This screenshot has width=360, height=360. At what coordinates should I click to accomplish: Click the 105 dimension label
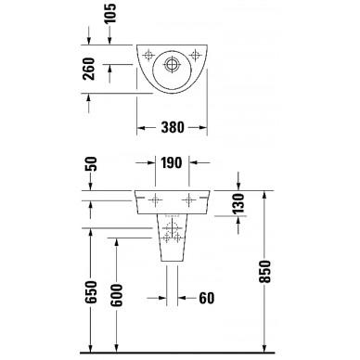pos(109,13)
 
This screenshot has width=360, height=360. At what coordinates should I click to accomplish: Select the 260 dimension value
pos(89,69)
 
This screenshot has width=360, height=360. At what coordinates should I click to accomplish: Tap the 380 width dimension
pos(173,127)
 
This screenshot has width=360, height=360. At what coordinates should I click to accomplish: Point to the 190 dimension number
pos(171,162)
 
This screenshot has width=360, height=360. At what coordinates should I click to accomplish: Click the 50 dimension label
pos(91,164)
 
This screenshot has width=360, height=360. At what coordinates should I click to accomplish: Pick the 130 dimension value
pos(238,203)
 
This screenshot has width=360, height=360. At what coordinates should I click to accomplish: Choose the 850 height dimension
pos(265,272)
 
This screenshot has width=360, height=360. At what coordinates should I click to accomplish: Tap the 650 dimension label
pos(91,292)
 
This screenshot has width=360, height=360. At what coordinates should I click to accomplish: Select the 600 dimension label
pos(117,295)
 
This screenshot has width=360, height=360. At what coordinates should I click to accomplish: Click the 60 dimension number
pos(207,298)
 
